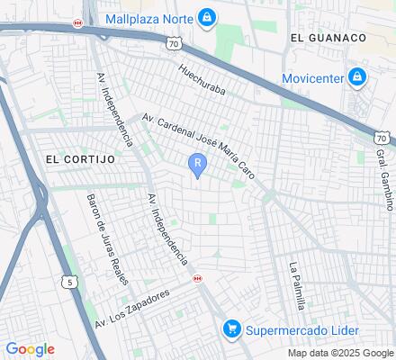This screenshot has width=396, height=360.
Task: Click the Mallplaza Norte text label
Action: pos(148,18)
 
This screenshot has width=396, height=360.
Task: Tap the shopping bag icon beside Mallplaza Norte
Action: pos(208,17)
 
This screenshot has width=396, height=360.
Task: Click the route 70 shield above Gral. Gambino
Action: pos(382,138)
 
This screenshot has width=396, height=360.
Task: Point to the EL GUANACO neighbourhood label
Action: pos(328,38)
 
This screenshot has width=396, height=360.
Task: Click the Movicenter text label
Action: pos(312,77)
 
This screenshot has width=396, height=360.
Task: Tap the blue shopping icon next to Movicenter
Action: pos(357,77)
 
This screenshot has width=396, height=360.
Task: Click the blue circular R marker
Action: pos(197,163)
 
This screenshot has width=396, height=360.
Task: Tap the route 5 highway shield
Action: pos(69,282)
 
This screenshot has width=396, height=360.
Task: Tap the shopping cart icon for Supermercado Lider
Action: pos(232,329)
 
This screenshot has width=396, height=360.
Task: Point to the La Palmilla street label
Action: pos(296,284)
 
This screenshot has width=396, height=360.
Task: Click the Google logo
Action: pos(30,349)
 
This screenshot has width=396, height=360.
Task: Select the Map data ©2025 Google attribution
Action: pos(338,353)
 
